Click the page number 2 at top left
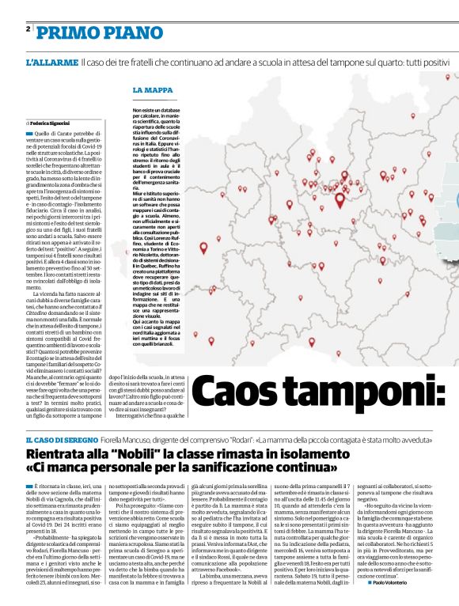coord(28,29)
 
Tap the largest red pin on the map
coord(340,200)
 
